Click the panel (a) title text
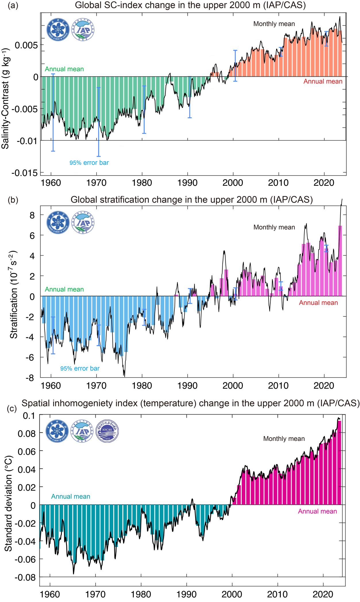(190, 5)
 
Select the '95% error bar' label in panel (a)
(89, 163)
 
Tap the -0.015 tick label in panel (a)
(25, 173)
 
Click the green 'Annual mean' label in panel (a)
(64, 69)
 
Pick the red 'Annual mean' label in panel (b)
(318, 303)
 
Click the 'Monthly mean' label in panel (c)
(284, 439)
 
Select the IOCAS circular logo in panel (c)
(107, 431)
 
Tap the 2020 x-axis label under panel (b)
(324, 386)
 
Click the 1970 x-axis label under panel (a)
(96, 183)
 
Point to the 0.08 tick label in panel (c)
(27, 433)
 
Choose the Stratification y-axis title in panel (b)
(14, 295)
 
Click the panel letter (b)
(13, 200)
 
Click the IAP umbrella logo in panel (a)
(83, 30)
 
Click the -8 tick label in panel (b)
(30, 378)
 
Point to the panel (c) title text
(190, 403)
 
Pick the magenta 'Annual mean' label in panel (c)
(317, 511)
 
